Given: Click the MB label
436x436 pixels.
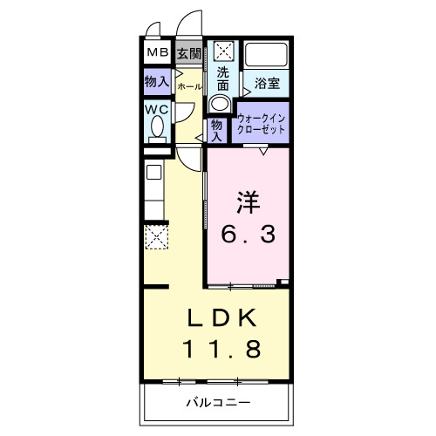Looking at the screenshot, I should coord(157,54).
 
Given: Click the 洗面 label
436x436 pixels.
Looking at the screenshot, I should coord(223,78).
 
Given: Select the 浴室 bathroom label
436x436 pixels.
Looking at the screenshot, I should coord(267,84).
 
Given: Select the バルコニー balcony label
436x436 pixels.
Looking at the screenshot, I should coord(218,403).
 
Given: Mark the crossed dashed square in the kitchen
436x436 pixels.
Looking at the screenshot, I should coord(156,237).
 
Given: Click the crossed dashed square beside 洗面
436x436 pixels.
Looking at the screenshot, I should coord(222,51).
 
